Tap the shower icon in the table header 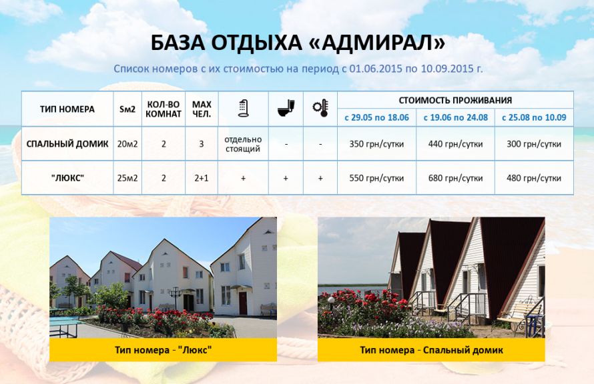tap(243, 108)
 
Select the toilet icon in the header tap(286, 108)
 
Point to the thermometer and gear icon tap(320, 108)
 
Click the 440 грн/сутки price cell tap(455, 144)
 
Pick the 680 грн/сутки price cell tap(455, 178)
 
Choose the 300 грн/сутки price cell tap(534, 144)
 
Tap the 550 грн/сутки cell tap(376, 178)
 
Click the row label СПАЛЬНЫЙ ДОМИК tap(67, 144)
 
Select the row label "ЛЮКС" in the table tap(67, 178)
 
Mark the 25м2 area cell tap(127, 178)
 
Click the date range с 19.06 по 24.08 tap(455, 117)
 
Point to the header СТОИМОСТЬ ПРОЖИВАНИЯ tap(455, 100)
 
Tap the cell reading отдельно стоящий tap(243, 144)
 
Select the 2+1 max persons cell tap(202, 178)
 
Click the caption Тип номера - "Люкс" tap(164, 349)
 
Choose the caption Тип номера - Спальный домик tap(431, 350)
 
